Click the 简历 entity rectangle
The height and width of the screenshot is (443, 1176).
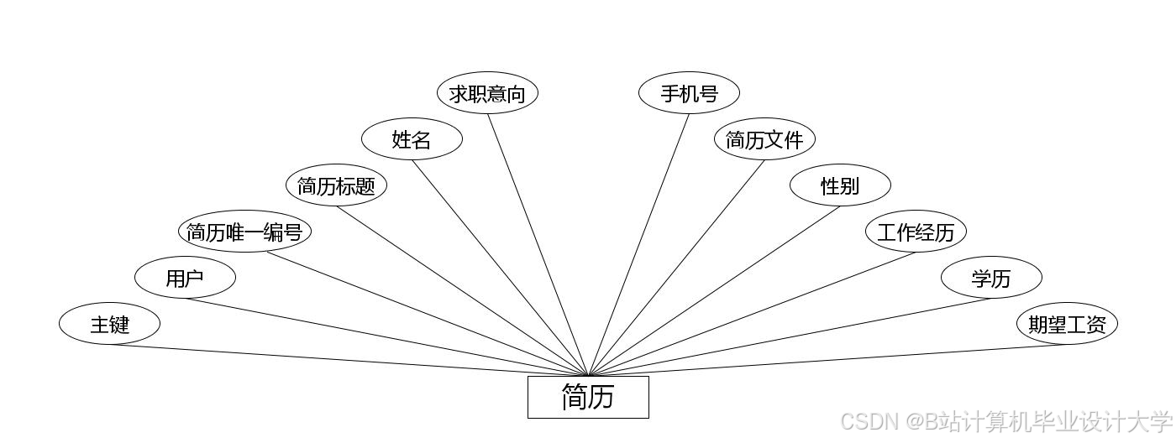point(588,397)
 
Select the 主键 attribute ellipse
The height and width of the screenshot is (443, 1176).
point(109,324)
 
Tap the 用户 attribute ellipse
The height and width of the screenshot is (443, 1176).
point(185,278)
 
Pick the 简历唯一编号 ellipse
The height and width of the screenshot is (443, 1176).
point(244,232)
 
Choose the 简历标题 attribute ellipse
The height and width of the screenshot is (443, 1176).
point(336,185)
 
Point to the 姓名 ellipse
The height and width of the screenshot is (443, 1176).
point(412,139)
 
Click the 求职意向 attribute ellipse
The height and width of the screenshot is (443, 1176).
point(487,93)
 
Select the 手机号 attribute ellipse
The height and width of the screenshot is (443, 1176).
point(689,93)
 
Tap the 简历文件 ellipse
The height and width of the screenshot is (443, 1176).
point(764,139)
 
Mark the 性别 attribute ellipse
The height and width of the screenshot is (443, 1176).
point(840,185)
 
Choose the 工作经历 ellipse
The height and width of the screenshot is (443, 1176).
point(916,232)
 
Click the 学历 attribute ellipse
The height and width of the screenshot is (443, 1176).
point(991,278)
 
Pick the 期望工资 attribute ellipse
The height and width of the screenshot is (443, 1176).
point(1067,324)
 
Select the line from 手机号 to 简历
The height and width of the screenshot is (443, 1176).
point(639,243)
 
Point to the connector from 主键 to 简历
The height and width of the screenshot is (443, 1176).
point(349,361)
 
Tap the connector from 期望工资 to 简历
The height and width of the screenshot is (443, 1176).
point(827,361)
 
